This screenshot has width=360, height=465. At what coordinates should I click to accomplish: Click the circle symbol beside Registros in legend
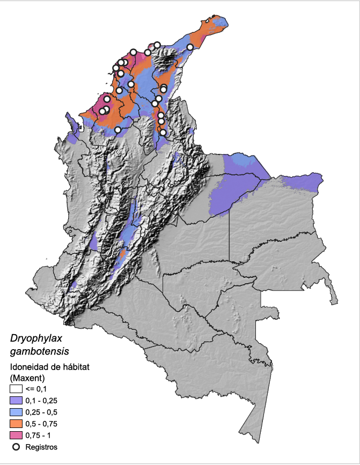(x=16, y=446)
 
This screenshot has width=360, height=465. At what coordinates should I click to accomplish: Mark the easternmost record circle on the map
(x=190, y=47)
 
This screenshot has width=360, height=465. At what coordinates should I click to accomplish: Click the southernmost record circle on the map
(x=163, y=132)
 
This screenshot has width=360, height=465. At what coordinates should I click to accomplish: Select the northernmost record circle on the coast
(x=157, y=45)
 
